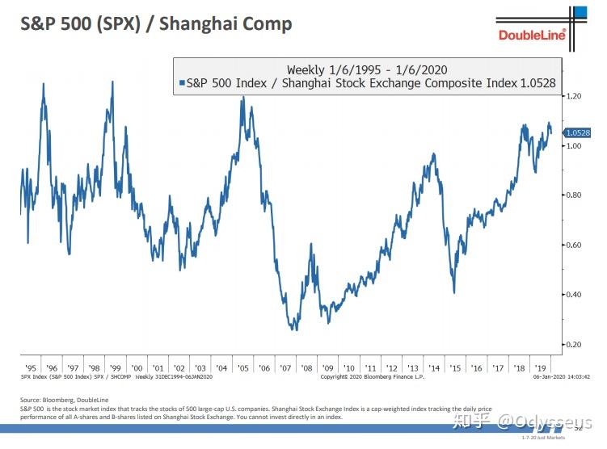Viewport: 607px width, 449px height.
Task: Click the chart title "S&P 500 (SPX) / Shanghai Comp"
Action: point(156,23)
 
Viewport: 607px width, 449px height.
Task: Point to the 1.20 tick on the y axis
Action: point(575,96)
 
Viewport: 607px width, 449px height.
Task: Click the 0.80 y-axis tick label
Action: point(575,195)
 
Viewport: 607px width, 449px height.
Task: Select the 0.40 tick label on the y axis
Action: point(575,295)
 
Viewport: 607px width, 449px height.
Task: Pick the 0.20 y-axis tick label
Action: point(575,345)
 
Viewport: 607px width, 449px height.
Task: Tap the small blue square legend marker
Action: point(180,82)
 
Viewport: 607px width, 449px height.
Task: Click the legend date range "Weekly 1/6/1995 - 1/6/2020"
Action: point(367,69)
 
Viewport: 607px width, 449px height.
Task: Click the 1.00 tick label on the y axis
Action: point(575,146)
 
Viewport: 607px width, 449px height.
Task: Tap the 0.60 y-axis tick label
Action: point(575,245)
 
